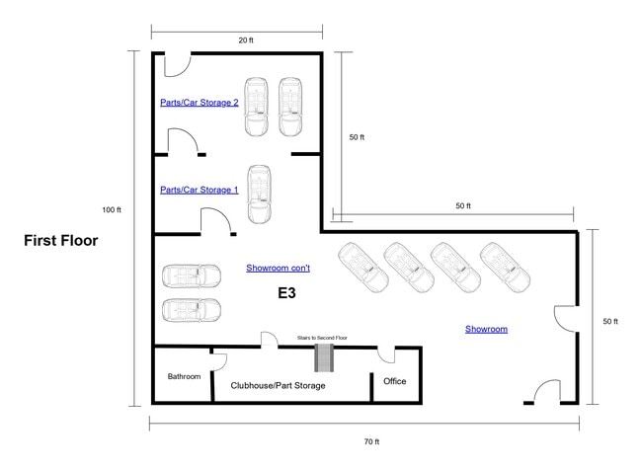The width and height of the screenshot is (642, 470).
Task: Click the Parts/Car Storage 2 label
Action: (200, 103)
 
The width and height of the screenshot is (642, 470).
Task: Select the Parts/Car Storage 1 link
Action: (200, 190)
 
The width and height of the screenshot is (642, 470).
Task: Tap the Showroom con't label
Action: (278, 268)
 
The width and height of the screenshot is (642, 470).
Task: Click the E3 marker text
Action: (286, 292)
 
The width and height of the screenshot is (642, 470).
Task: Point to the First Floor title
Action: (61, 240)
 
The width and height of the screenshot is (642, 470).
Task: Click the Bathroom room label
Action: (184, 376)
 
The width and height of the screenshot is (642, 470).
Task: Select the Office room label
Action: (395, 381)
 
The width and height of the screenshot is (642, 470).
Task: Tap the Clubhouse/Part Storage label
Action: (278, 385)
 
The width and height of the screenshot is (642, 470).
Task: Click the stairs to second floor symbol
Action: (324, 357)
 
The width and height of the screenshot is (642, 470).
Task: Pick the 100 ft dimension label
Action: (112, 210)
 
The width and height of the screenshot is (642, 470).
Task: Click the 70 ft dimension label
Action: (371, 441)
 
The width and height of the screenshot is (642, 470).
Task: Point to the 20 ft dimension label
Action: (246, 40)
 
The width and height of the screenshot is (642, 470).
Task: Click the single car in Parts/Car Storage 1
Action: (259, 195)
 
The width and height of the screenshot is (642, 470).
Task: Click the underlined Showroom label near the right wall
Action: (486, 329)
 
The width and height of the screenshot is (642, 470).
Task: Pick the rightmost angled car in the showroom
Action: (505, 268)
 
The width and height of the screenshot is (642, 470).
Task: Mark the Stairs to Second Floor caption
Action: (322, 338)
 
